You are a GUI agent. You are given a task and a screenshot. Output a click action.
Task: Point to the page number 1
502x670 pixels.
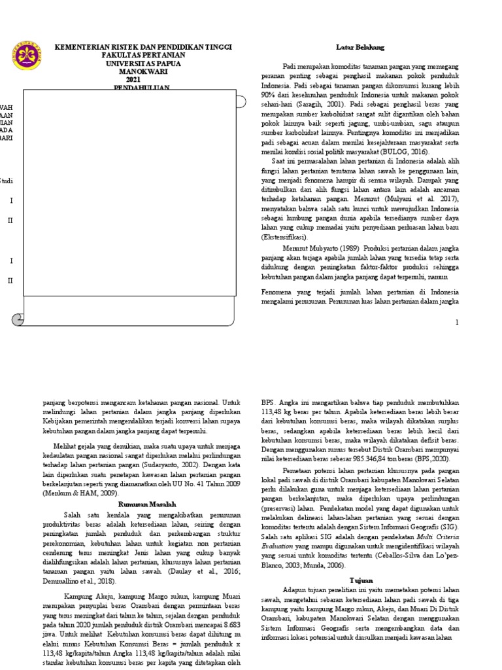click(x=458, y=323)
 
